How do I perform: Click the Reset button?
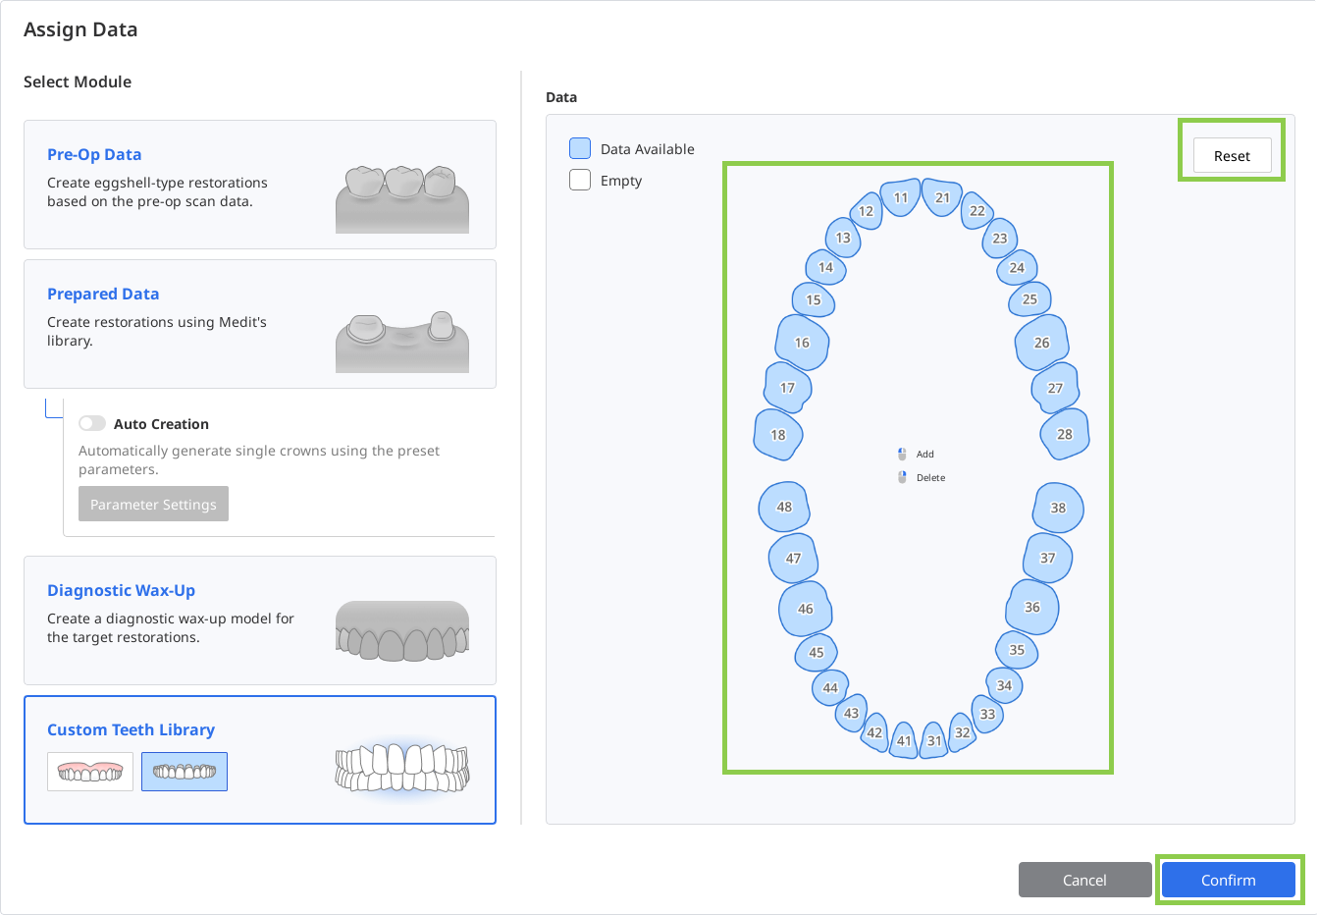1232,155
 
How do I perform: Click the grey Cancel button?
1084,880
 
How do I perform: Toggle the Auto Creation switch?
92,423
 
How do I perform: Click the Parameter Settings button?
153,504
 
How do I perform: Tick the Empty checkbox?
580,181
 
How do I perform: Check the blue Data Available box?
580,148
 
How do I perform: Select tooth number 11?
900,197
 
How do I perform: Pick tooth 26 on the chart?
1041,343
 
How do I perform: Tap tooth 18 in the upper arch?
778,435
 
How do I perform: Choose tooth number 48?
784,507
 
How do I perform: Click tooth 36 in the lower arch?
1031,607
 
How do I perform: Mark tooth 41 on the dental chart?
904,740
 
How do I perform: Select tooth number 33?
987,714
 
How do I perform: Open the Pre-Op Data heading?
94,154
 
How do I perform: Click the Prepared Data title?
103,294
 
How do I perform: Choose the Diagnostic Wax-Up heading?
121,590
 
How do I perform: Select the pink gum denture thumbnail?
90,772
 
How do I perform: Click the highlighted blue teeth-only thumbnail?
185,772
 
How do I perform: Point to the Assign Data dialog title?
80,29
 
